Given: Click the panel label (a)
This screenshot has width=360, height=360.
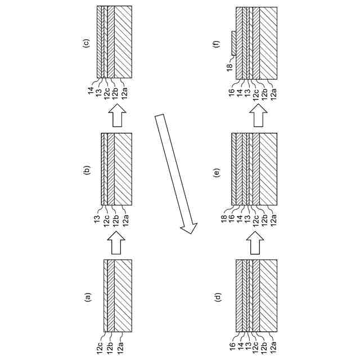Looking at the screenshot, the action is click(x=87, y=296).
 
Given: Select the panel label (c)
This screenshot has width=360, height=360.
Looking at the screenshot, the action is click(x=87, y=42).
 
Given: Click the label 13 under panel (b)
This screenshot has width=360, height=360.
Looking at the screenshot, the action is click(x=98, y=216).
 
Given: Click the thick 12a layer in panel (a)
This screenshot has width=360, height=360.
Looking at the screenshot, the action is click(x=123, y=296).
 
